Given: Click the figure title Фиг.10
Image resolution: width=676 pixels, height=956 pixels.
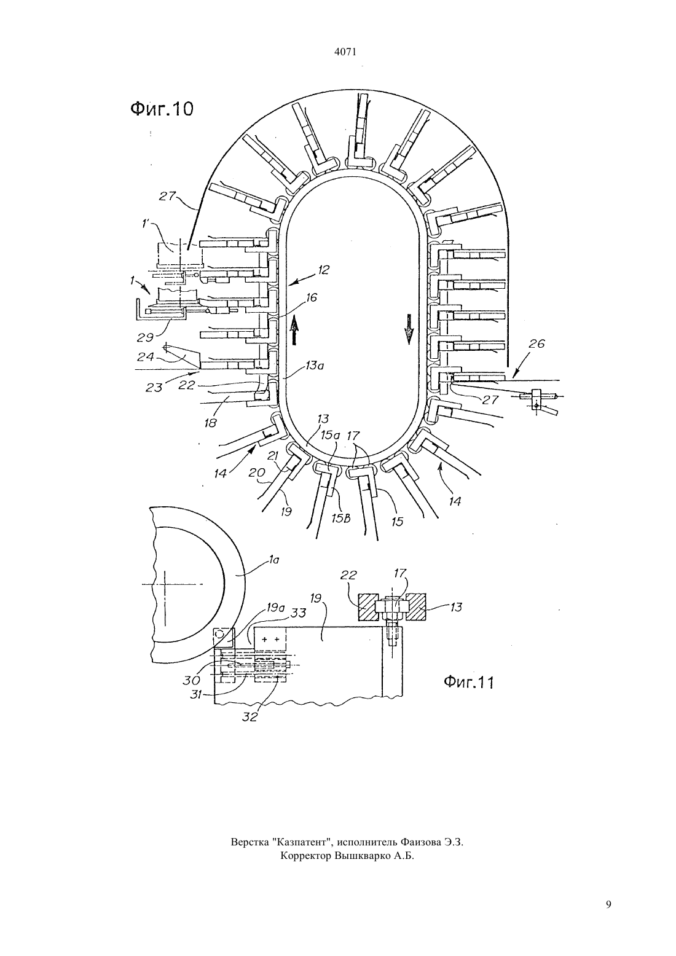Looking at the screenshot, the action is point(162,109).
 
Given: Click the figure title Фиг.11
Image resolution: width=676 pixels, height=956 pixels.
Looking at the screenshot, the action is point(468,682).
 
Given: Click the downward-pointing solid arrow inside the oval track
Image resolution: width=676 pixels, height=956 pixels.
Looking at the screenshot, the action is point(409,329).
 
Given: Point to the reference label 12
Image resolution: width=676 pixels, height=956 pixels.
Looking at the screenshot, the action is point(323,270).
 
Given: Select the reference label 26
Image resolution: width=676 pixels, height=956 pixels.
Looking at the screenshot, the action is point(536,343).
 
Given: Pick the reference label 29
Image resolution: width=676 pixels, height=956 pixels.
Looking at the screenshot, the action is point(145,337).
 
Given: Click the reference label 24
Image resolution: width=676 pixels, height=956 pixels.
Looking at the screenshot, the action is point(146,356).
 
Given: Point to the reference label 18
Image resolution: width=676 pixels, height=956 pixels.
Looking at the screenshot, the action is point(210,423).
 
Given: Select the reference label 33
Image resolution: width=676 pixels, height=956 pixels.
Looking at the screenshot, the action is point(298,613).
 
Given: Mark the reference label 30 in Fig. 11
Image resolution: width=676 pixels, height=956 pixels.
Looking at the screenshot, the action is point(192,680).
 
